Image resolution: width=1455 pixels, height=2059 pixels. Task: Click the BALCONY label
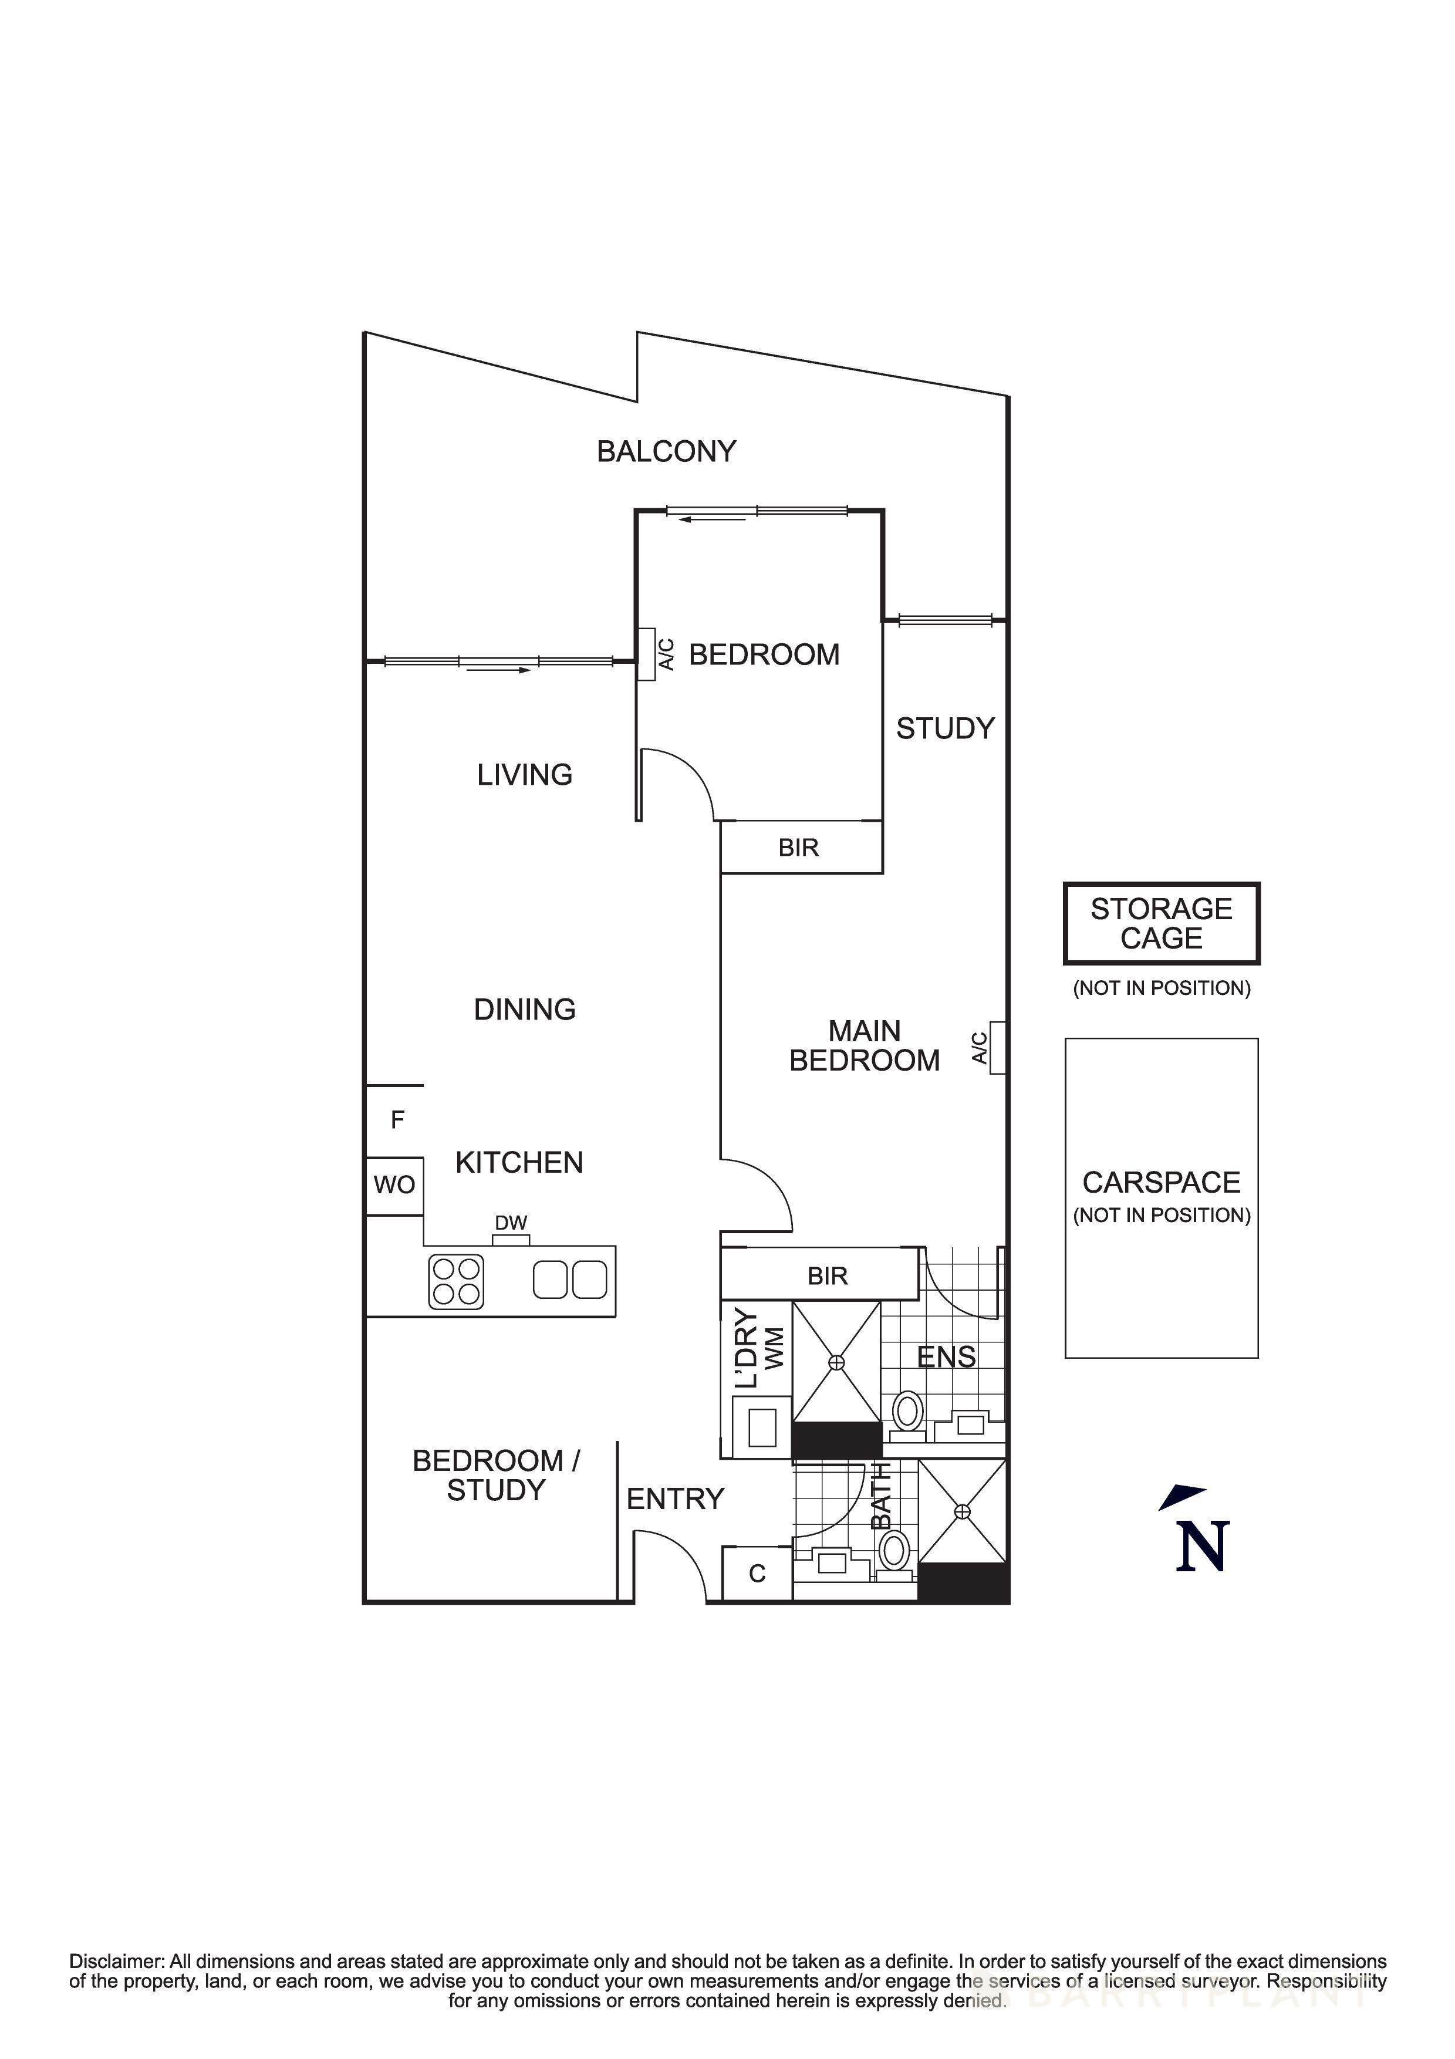[666, 451]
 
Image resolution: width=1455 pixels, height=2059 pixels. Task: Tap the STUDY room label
[945, 728]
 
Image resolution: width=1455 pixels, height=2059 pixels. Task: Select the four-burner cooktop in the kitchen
[456, 1281]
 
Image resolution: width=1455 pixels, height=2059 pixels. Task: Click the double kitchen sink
[570, 1280]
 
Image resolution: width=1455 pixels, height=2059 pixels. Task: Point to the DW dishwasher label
[511, 1223]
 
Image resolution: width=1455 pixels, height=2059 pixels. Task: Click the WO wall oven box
[394, 1186]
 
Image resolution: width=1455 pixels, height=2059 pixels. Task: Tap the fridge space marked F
[397, 1120]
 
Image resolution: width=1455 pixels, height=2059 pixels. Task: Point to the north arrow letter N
[1201, 1547]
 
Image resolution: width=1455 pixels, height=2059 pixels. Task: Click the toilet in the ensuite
[907, 1415]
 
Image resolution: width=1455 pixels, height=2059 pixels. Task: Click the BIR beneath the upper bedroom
[799, 848]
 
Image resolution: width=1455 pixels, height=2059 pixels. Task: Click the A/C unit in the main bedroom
[997, 1048]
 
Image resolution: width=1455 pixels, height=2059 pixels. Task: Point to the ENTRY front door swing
[673, 1564]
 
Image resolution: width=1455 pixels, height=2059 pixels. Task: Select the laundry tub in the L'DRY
[762, 1427]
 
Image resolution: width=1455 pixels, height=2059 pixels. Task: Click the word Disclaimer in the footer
[117, 1962]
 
